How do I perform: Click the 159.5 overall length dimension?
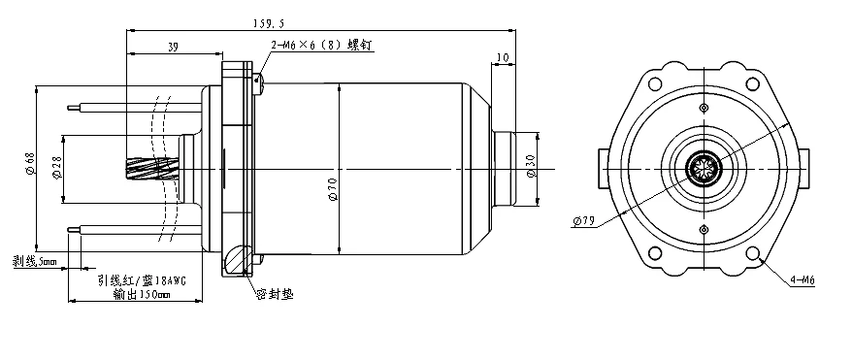[x=269, y=23]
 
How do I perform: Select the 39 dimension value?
[x=173, y=48]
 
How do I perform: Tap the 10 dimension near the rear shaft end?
[x=503, y=57]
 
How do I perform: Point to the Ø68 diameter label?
[x=30, y=163]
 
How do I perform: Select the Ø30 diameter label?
[x=532, y=166]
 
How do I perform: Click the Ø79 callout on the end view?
[x=583, y=221]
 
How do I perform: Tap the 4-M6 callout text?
[x=803, y=280]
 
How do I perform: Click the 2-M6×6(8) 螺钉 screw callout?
[x=321, y=45]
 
